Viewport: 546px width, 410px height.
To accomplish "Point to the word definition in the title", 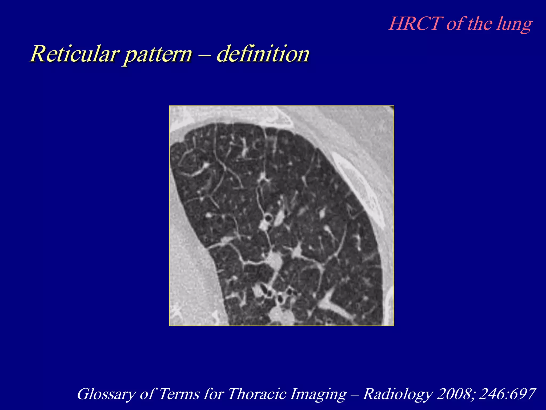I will point(263,54).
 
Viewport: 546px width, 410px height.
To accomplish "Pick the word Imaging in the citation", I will point(318,395).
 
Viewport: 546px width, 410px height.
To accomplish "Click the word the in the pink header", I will point(480,24).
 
